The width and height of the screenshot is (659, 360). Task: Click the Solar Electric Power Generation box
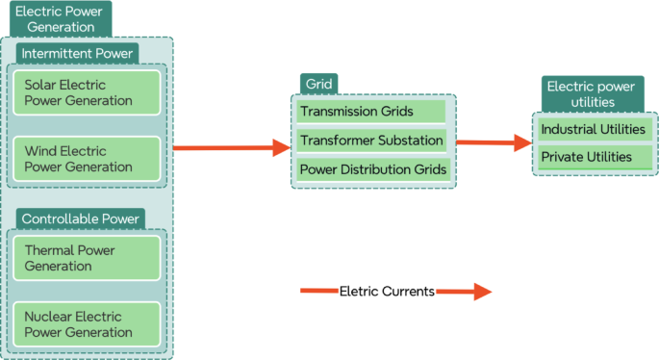tap(86, 92)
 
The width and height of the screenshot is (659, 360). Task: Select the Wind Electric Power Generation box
tap(86, 159)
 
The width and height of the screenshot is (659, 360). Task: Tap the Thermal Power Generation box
tap(86, 257)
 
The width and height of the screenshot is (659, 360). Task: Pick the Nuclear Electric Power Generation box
tap(86, 324)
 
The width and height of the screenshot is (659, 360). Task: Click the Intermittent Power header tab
tap(77, 52)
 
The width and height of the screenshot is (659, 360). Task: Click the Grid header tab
tap(317, 84)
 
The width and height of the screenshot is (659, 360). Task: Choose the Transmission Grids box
tap(370, 112)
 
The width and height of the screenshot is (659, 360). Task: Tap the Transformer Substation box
tap(370, 141)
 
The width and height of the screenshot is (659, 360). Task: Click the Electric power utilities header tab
tap(593, 94)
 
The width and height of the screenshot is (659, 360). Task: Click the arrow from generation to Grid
tap(231, 147)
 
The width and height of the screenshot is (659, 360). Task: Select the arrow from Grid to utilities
tap(494, 143)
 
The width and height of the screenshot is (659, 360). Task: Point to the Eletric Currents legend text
tap(387, 291)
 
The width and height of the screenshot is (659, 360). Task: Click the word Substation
tap(408, 141)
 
